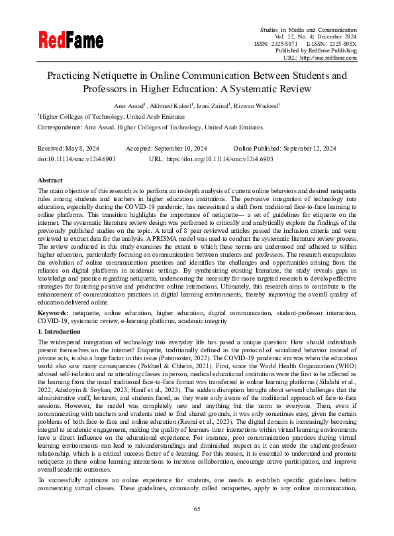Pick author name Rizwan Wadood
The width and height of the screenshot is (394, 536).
click(260, 105)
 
